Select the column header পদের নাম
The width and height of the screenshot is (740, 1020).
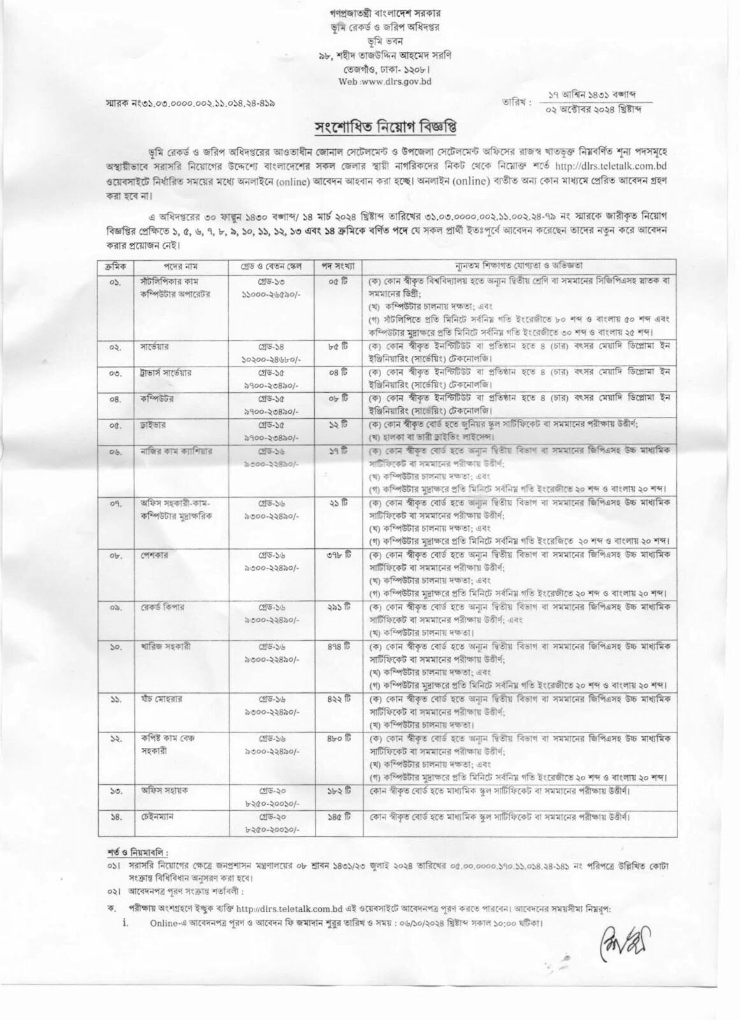169,265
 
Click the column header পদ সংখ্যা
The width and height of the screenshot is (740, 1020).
337,265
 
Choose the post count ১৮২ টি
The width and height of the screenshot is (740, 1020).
337,790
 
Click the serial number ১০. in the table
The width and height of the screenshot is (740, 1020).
115,646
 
